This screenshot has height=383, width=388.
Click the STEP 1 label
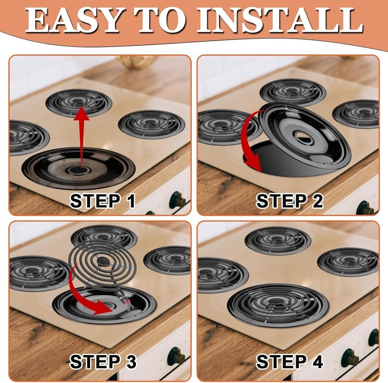102,201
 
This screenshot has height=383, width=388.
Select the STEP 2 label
289,201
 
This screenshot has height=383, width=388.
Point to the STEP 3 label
103,362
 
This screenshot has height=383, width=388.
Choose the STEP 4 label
289,362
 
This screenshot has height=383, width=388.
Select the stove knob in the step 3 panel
176,357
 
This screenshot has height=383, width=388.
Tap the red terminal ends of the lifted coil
125,301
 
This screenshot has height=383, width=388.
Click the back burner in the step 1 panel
79,103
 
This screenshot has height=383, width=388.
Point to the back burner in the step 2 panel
293,92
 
